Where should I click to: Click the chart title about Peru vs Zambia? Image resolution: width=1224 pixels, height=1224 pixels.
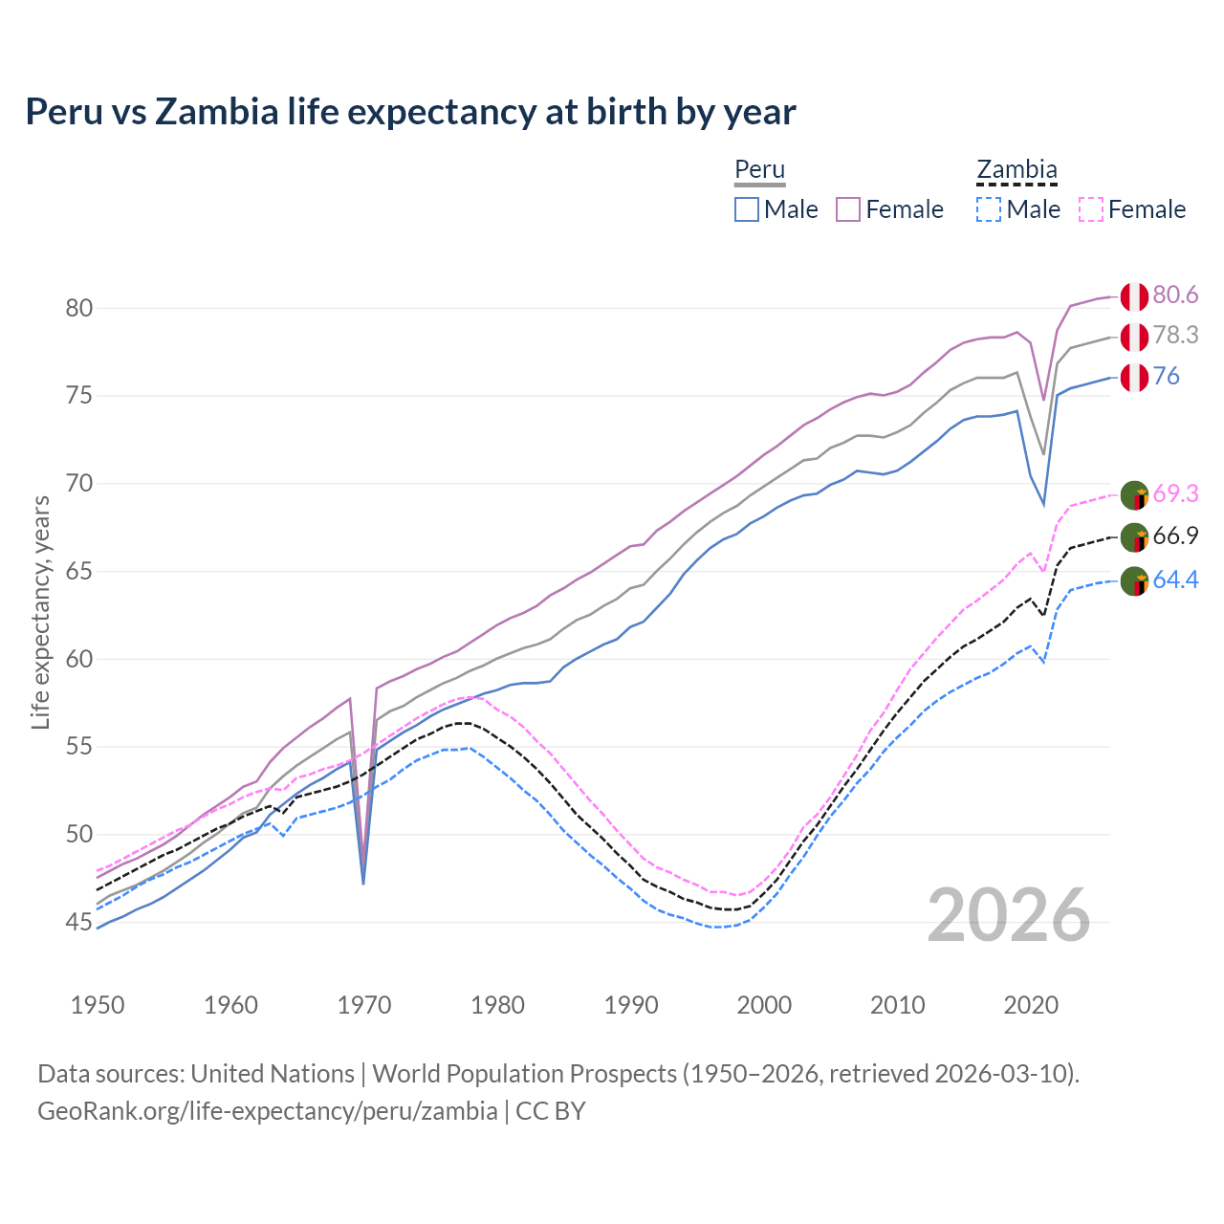pos(410,112)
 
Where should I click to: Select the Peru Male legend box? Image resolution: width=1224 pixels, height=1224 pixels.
pos(747,209)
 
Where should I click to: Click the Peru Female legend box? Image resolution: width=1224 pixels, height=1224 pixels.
pos(848,209)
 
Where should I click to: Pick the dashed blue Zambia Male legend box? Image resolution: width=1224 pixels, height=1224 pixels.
pos(989,209)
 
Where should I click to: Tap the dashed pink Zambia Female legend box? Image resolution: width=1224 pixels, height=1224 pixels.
pos(1091,209)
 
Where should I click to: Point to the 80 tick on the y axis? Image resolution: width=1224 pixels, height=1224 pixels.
pos(79,308)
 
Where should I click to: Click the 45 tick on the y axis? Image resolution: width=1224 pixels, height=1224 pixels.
pos(79,922)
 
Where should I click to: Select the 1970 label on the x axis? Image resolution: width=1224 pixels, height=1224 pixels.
pos(364,1005)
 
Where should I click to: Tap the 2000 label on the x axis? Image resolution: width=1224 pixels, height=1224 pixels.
pos(764,1005)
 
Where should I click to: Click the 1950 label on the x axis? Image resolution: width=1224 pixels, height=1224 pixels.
pos(98,1005)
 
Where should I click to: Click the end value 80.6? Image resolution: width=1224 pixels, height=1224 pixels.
pos(1175,295)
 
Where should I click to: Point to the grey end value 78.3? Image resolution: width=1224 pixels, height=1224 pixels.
pos(1175,335)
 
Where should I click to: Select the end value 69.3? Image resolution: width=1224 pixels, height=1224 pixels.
pos(1175,493)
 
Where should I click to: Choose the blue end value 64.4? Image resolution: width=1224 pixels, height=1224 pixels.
pos(1175,579)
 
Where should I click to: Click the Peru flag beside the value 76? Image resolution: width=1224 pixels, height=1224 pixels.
pos(1134,377)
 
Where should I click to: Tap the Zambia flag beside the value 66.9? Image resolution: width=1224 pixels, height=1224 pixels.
pos(1134,537)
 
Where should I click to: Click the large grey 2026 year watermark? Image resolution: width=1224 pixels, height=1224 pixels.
pos(1009,915)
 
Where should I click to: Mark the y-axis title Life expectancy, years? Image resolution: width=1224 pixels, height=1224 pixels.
pos(41,612)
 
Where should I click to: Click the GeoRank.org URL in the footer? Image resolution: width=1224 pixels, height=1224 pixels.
pos(267,1111)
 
